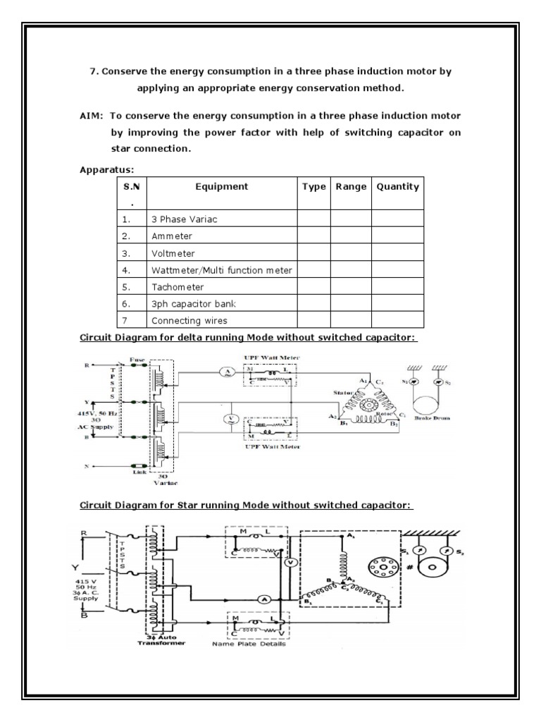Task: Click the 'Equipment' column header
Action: point(222,187)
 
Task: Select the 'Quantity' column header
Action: point(397,187)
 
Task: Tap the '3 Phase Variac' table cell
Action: point(183,219)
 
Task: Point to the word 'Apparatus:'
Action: point(106,169)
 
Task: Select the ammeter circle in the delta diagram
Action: point(228,373)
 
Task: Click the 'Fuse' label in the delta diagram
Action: point(137,359)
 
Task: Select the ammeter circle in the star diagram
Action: point(263,598)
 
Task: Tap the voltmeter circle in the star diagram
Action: point(288,563)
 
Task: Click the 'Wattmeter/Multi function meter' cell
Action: point(221,270)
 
